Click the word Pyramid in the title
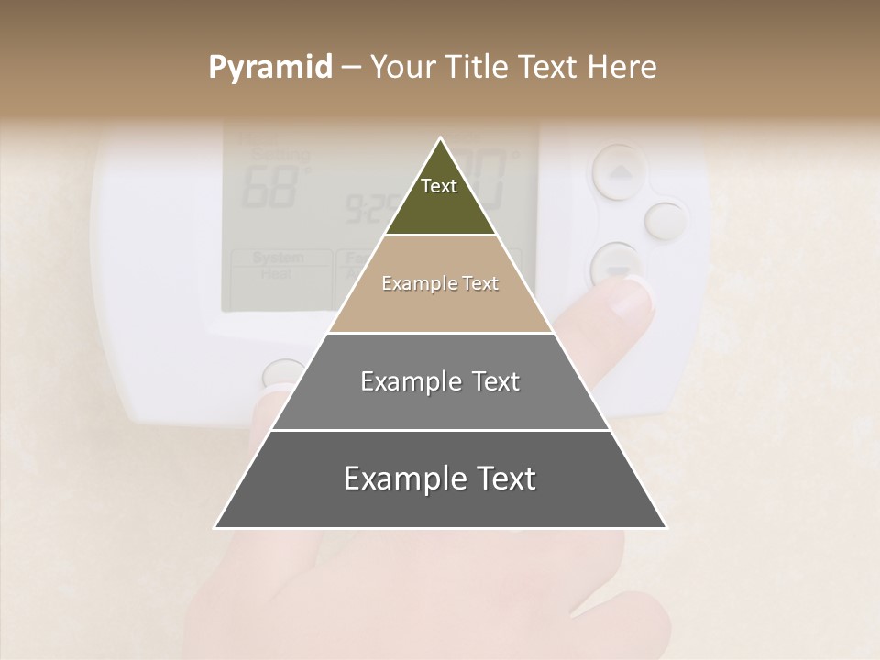(270, 68)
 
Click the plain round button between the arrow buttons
(665, 221)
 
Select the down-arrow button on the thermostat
(616, 267)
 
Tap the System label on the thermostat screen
(277, 258)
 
